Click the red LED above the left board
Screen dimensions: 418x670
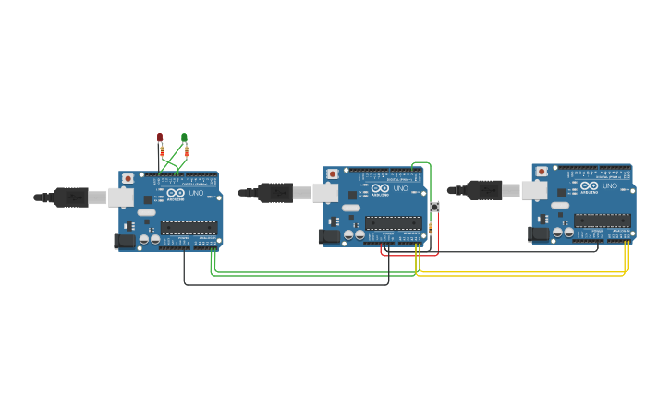coord(159,137)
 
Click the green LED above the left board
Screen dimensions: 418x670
coord(184,137)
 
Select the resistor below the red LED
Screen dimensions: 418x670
coord(162,151)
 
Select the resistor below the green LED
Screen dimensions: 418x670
coord(187,151)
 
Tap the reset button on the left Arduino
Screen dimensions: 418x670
coord(128,178)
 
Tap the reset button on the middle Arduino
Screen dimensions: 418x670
coord(332,173)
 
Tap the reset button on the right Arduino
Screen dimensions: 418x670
coord(541,171)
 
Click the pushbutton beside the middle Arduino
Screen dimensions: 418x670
coord(434,207)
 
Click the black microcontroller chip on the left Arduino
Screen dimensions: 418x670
coord(189,227)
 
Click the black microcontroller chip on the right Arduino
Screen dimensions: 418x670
coord(603,221)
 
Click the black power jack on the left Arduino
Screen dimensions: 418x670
coord(123,242)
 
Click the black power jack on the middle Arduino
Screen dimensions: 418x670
coord(327,236)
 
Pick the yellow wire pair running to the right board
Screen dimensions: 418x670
coord(522,273)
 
